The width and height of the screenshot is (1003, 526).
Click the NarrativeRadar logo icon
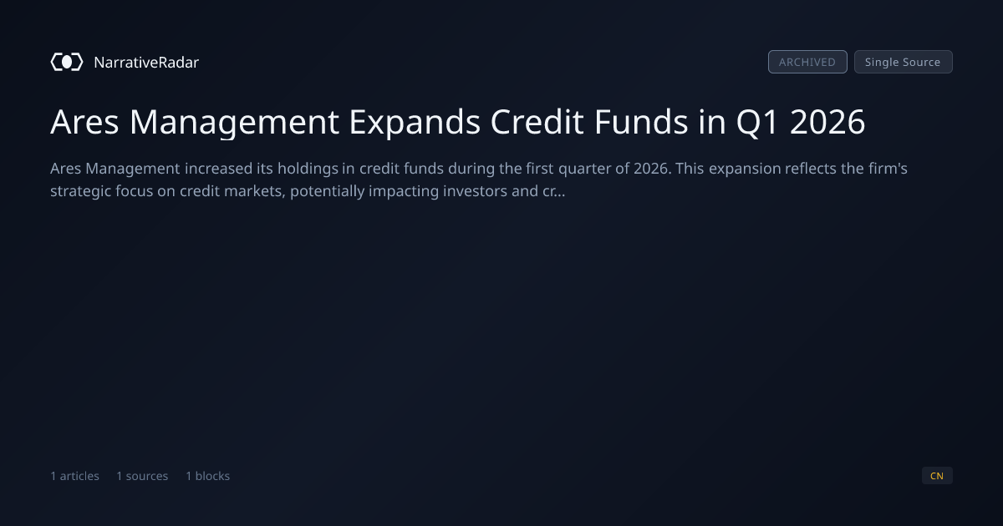point(67,62)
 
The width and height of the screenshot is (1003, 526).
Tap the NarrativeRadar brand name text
point(146,62)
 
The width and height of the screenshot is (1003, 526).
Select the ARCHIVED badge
point(807,62)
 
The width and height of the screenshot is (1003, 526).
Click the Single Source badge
point(904,62)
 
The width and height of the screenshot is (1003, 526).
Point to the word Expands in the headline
point(415,122)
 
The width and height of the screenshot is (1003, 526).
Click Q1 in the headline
point(757,122)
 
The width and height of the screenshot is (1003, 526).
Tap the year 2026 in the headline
point(827,122)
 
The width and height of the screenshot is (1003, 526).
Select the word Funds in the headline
point(641,122)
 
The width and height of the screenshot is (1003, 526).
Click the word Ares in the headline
point(84,122)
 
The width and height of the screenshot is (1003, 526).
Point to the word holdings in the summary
point(308,169)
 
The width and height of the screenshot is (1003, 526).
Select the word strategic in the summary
point(80,191)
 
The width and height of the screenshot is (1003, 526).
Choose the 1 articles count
point(74,476)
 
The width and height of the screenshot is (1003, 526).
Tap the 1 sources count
point(142,476)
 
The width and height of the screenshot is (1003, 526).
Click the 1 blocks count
point(208,476)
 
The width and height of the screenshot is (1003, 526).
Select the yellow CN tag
point(937,476)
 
